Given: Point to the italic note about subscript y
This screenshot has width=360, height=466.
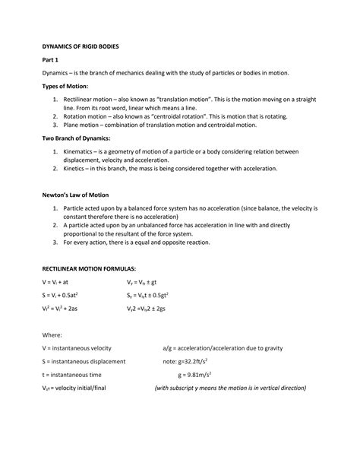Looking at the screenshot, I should pos(229,387).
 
